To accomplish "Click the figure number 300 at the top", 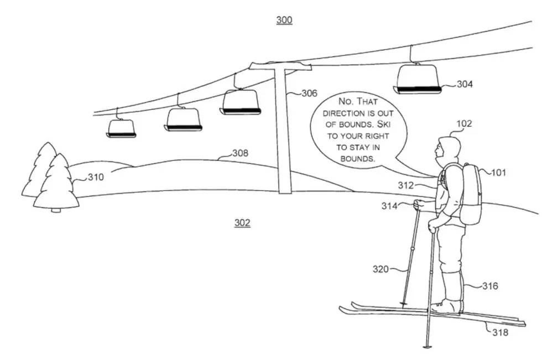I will [284, 20].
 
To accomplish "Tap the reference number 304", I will [465, 84].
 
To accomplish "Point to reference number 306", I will [309, 93].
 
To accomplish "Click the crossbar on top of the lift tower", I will [280, 66].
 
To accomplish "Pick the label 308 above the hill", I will [239, 153].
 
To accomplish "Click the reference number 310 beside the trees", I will [95, 178].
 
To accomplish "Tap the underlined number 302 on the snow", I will [242, 223].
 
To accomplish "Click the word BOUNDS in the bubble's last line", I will [358, 158].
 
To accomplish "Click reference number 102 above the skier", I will [464, 123].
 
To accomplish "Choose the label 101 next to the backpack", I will [498, 173].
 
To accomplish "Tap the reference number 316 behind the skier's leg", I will [490, 286].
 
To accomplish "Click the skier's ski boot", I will [447, 306].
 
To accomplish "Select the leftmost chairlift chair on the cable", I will [121, 128].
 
